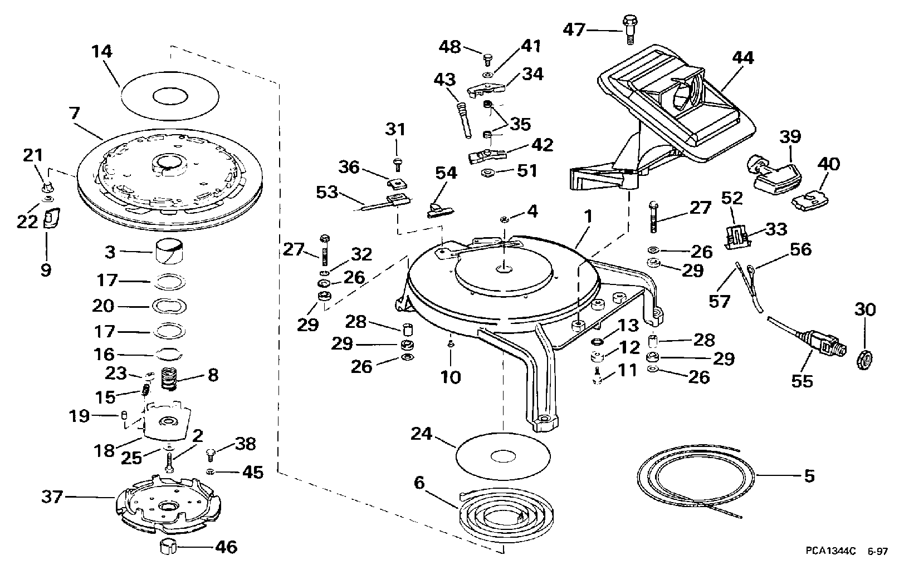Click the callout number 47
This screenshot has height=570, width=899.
[x=574, y=30]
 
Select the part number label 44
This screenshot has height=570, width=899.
[x=742, y=58]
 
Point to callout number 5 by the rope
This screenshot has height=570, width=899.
[x=809, y=476]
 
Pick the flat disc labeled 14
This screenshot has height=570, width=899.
[x=170, y=96]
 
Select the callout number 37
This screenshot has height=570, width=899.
[x=52, y=497]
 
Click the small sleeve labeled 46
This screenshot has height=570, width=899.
[x=168, y=546]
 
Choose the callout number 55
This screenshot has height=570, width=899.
[x=802, y=381]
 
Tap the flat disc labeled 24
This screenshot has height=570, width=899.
[x=504, y=456]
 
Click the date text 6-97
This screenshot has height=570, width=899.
[x=878, y=552]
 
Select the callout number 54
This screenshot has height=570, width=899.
[x=446, y=173]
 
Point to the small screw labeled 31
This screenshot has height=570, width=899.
[x=397, y=165]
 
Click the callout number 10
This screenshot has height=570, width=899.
[x=451, y=377]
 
